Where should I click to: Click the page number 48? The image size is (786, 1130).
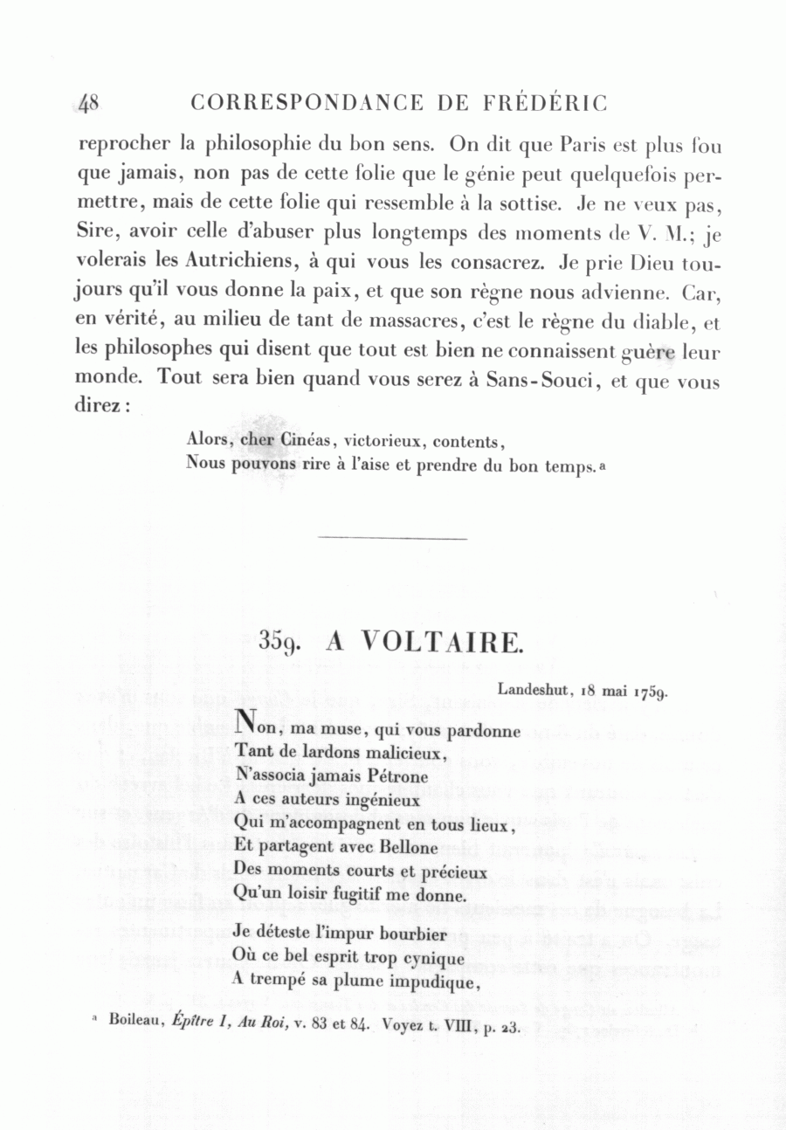pos(89,104)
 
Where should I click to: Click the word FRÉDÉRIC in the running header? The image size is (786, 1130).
pos(543,104)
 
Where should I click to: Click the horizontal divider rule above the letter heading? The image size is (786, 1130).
pos(393,538)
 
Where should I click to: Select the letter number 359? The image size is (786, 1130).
pos(280,644)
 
